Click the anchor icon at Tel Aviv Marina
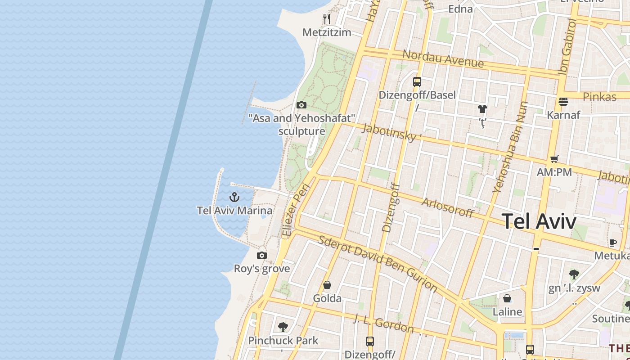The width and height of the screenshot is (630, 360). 234,197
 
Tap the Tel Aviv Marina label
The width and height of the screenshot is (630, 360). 234,210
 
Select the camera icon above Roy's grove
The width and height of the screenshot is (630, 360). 262,255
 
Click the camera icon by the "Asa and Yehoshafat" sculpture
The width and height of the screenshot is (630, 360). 301,105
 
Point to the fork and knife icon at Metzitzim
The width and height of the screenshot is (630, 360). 327,19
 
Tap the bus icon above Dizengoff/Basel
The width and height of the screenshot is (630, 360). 417,81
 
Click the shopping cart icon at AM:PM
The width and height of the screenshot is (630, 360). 554,158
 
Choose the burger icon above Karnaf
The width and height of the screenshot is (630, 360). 563,101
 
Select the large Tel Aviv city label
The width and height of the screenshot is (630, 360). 539,221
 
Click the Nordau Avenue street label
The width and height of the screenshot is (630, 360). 443,58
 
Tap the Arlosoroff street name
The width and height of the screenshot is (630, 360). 448,207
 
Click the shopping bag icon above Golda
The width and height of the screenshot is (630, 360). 327,285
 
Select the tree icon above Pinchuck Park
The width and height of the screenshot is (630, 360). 283,327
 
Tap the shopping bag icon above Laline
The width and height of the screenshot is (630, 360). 507,298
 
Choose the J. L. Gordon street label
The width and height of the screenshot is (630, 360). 383,324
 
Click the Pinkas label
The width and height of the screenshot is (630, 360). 599,97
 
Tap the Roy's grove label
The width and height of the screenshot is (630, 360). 262,269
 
